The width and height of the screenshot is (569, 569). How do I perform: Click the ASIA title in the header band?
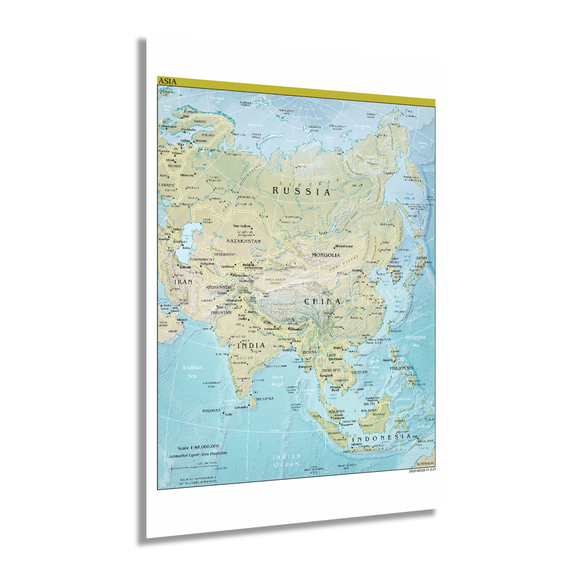click(x=168, y=82)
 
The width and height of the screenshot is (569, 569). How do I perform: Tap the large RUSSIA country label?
click(x=301, y=191)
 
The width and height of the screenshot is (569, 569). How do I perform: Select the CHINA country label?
click(x=322, y=302)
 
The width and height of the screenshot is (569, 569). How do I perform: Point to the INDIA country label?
click(x=252, y=346)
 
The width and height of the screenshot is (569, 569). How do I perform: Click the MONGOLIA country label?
click(x=326, y=255)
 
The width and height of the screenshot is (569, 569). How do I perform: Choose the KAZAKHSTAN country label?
click(x=244, y=242)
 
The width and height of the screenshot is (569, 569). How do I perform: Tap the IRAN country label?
click(x=183, y=282)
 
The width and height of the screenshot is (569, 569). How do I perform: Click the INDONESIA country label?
click(x=381, y=438)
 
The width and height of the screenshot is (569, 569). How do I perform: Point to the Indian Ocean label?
click(x=286, y=460)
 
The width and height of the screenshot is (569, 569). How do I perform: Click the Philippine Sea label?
click(x=415, y=341)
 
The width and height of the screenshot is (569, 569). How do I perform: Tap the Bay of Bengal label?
click(x=277, y=381)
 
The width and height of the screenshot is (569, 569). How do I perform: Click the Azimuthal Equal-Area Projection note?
click(x=198, y=454)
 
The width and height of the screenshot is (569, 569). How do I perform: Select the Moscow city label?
click(x=187, y=176)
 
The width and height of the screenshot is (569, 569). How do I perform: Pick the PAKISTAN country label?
click(x=221, y=312)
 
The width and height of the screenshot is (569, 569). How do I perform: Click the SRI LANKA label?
click(x=264, y=399)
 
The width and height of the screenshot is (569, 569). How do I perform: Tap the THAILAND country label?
click(x=331, y=370)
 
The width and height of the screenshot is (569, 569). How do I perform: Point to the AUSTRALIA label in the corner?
click(x=425, y=464)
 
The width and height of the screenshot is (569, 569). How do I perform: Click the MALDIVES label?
click(x=211, y=411)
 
